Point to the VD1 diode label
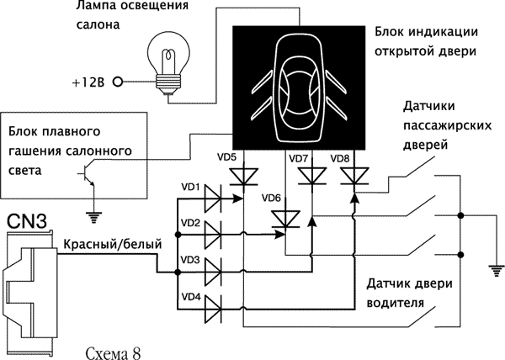coord(190,187)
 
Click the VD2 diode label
coord(190,223)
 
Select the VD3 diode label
coord(190,260)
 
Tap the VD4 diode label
coord(190,297)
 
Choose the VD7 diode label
coord(299,157)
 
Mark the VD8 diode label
coord(340,157)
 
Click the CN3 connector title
coord(27,222)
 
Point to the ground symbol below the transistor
coord(93,217)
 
